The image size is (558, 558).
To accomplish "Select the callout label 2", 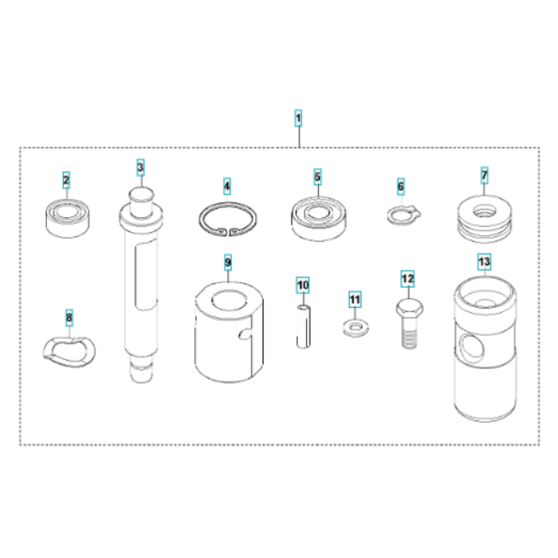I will point(67,180).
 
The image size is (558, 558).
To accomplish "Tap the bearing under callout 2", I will point(67,216).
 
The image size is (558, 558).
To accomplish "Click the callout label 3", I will point(140,166).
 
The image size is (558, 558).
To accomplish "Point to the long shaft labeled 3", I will point(140,279).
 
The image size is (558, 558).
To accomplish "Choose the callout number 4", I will point(226,185).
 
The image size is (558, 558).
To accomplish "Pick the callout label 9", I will point(228,263).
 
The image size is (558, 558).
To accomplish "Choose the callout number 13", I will point(484,263).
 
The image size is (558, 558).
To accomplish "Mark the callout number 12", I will point(407,277).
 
